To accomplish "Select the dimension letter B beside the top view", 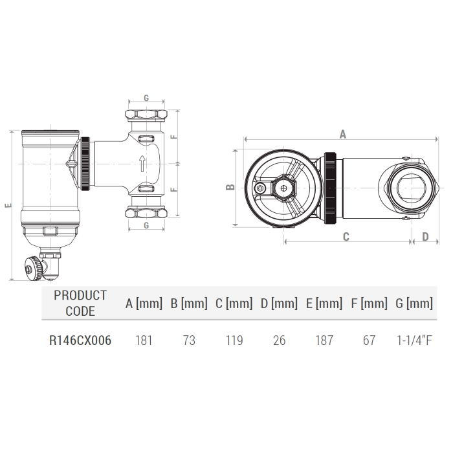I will [229, 187].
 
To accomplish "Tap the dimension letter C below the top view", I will [346, 237].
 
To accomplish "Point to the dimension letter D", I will [425, 237].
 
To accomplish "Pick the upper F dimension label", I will [173, 137].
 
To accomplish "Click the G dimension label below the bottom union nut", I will [146, 226].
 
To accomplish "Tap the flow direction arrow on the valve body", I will [142, 164].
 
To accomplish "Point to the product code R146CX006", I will [80, 340].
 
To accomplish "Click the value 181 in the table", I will [144, 340].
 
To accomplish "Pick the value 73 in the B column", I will [189, 340].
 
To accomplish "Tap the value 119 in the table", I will [234, 340].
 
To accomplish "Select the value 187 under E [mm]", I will [324, 340].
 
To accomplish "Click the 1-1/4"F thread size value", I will [414, 340].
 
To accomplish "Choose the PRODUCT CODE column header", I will [80, 303].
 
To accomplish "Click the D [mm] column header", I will [279, 304].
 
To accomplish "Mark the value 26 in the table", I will [279, 340].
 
